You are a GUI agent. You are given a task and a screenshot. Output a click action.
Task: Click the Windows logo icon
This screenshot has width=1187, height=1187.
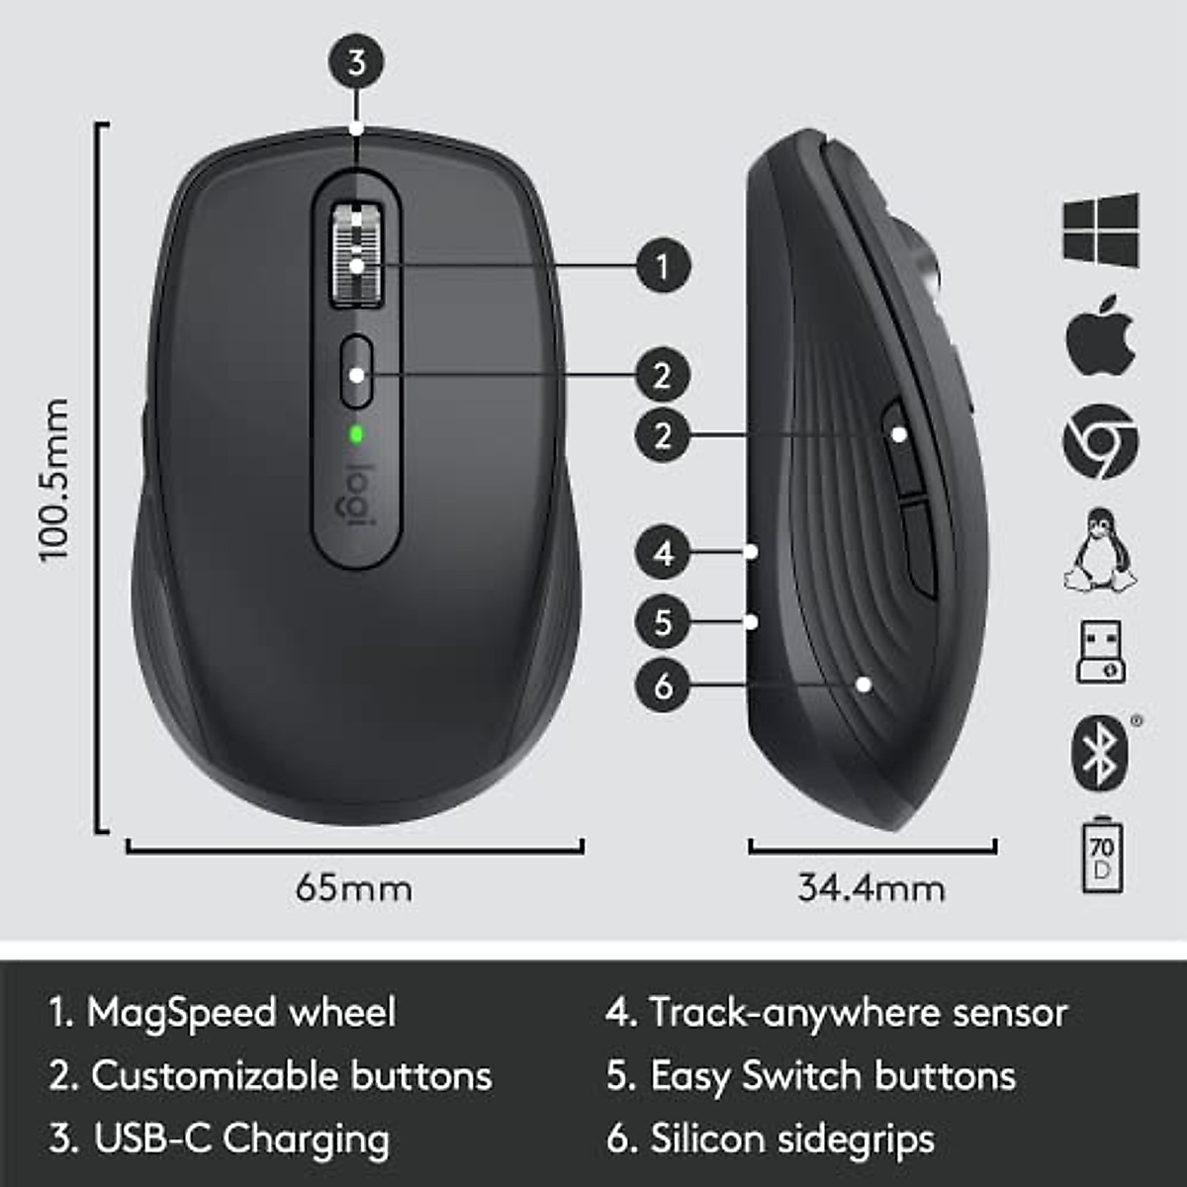[x=1101, y=229]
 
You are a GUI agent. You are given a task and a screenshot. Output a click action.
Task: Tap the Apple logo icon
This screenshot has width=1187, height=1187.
[x=1100, y=335]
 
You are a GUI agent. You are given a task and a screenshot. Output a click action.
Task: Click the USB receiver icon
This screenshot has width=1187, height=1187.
[x=1100, y=652]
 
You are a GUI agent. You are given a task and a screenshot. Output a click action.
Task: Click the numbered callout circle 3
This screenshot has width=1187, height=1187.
[x=356, y=62]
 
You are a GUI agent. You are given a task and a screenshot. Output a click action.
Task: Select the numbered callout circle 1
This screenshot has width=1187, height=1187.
[x=663, y=265]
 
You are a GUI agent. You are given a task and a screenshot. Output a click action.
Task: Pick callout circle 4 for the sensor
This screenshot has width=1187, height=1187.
[x=663, y=552]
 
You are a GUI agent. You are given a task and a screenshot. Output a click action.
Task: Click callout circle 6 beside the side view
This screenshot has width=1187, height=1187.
[x=663, y=685]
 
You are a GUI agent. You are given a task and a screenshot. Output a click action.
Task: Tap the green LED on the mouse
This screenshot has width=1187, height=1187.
[x=356, y=433]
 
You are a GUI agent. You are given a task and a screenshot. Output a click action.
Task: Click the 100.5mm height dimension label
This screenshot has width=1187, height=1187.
[x=55, y=481]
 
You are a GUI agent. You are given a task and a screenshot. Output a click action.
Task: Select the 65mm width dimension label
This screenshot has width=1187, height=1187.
[x=354, y=887]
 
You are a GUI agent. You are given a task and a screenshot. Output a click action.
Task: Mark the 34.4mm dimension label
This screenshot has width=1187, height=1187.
[x=871, y=887]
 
